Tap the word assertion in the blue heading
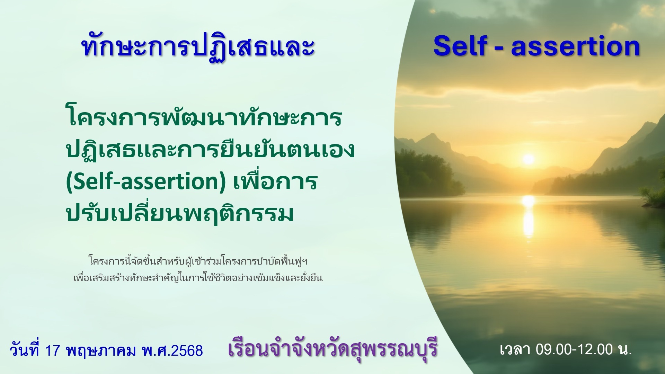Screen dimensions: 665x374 coord(575,47)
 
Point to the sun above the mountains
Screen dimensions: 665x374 coord(529,159)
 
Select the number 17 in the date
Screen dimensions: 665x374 coord(53,350)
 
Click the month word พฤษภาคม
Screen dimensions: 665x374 coord(101,350)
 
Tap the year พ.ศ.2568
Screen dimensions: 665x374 coord(172,350)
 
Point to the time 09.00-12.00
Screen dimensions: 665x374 coord(574,349)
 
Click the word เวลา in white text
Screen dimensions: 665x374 coord(515,349)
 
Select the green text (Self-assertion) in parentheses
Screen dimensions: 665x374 coord(146,181)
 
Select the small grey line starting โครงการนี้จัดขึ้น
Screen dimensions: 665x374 coord(198,261)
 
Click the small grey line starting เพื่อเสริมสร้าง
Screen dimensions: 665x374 coord(198,277)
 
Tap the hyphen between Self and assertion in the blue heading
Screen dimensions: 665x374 coord(499,47)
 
